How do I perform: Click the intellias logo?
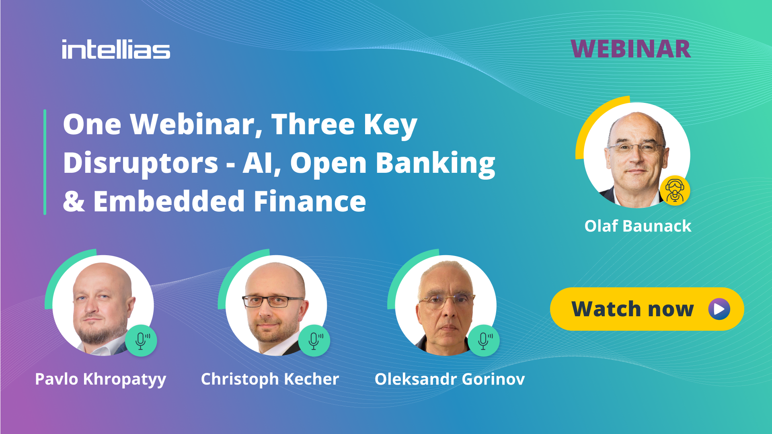tap(116, 50)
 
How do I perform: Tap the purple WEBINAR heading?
tap(630, 49)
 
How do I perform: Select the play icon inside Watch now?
tap(719, 309)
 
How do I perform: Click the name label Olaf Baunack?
tap(638, 226)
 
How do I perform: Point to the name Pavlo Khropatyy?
tap(101, 379)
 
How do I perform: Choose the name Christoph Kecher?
tap(270, 379)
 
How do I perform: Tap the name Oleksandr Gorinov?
tap(450, 379)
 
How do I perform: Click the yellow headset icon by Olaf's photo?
tap(675, 190)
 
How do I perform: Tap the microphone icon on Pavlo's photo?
tap(141, 340)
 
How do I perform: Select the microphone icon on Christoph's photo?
tap(314, 340)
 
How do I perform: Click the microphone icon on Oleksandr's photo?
tap(484, 340)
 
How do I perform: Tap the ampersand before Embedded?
tap(74, 201)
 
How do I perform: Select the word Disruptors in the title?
tap(140, 163)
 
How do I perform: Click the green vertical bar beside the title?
tap(45, 162)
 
